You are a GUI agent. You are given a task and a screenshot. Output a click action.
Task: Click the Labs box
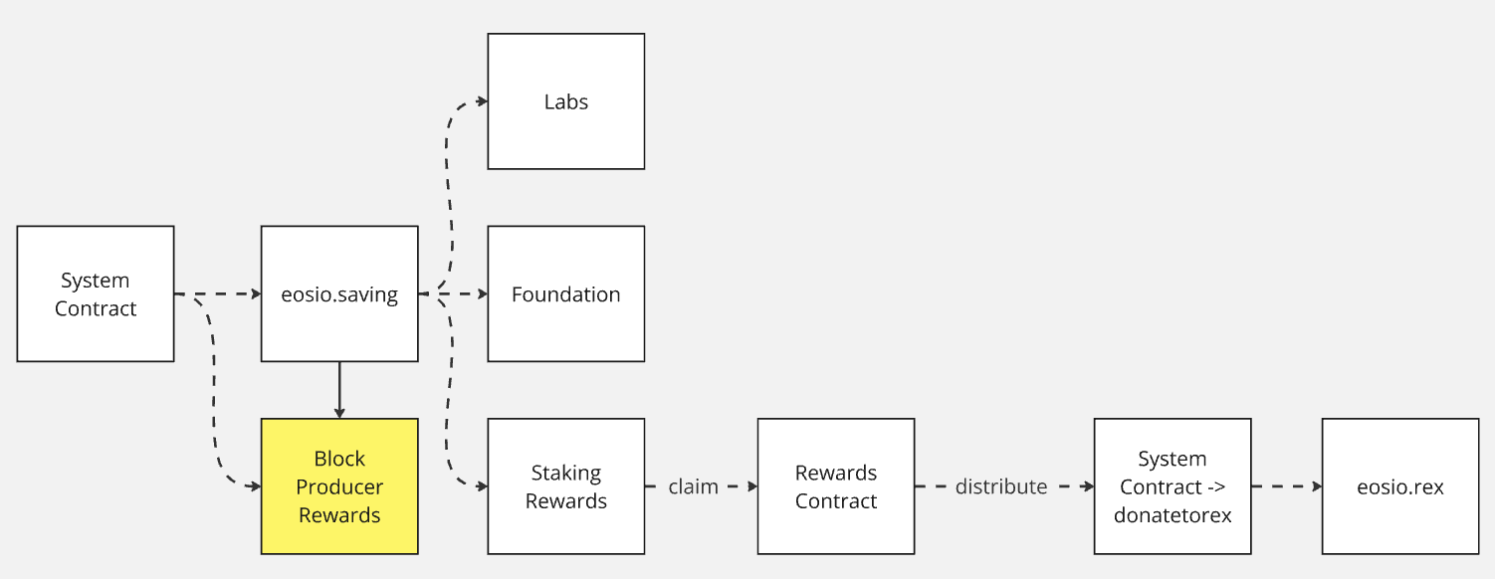coord(565,101)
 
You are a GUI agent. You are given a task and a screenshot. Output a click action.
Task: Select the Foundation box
coord(565,293)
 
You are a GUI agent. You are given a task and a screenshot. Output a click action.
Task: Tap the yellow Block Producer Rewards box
coord(339,485)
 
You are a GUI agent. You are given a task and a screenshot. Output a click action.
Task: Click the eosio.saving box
coord(339,293)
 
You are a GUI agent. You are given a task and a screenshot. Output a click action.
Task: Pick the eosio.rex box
coord(1399,486)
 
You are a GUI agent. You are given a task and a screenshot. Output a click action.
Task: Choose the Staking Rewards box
coord(565,486)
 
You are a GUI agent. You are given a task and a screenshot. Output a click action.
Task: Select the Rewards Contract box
coord(835,486)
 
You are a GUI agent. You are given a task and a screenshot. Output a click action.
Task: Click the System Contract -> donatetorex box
coord(1172,486)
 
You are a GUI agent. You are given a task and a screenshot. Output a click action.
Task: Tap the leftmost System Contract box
coord(96,293)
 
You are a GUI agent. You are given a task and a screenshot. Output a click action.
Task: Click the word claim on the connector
coord(694,486)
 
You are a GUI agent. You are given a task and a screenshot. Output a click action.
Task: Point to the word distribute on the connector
coord(1000,486)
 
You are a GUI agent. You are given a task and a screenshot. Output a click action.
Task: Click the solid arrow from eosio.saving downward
coord(339,389)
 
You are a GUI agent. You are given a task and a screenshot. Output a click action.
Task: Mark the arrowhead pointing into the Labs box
coord(482,101)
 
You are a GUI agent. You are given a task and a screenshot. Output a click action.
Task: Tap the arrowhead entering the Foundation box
coord(482,293)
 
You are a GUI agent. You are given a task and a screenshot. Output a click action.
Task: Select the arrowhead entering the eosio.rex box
coord(1316,486)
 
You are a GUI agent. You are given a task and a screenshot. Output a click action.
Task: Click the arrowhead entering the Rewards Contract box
coord(751,486)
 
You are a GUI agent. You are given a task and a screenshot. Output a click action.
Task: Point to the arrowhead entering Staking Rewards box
coord(482,486)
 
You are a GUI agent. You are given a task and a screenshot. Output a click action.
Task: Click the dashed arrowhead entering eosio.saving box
coord(256,293)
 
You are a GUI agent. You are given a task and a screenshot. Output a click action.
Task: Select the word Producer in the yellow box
coord(339,486)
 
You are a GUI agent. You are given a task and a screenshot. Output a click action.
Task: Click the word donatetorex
coord(1172,514)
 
